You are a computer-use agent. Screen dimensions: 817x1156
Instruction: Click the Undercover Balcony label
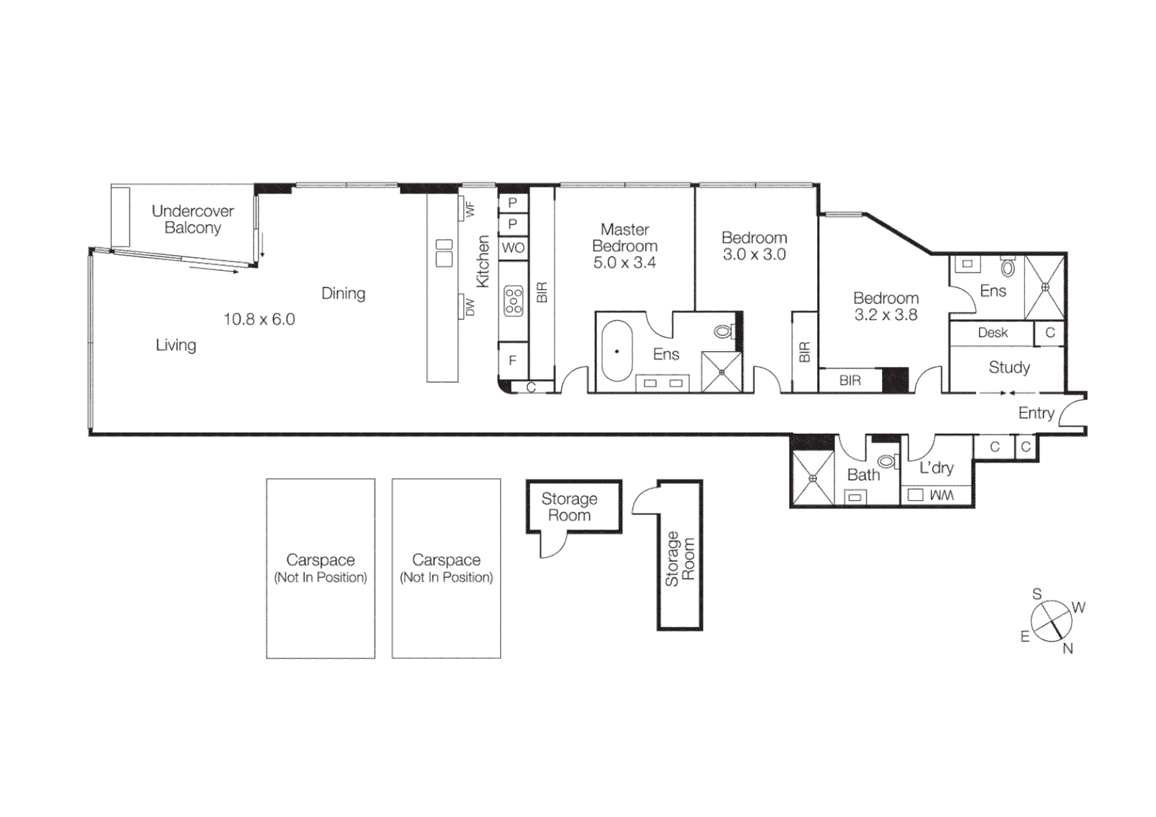pos(192,219)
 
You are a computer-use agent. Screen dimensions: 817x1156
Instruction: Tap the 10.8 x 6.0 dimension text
pos(259,319)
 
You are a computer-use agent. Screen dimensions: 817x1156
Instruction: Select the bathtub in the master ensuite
pos(617,352)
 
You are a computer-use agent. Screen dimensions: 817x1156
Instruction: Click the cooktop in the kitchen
pos(514,300)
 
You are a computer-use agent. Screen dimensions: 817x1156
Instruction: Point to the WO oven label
pos(513,247)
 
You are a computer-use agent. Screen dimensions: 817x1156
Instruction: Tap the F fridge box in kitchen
pos(513,361)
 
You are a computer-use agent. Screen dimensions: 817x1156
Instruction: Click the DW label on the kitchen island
pos(470,307)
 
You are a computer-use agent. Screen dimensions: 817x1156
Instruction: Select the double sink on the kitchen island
pos(444,253)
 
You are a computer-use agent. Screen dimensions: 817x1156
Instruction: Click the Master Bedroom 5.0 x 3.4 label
pos(625,246)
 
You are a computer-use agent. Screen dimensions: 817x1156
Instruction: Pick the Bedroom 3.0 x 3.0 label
pos(754,246)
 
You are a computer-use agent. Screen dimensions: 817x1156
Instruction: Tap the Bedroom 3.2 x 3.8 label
pos(886,306)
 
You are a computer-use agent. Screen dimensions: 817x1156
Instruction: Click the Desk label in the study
pos(992,333)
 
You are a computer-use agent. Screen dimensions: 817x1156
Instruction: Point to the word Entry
pos(1036,413)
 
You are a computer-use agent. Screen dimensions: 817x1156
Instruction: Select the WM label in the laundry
pos(941,495)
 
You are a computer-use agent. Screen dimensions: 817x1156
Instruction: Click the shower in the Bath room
pos(813,478)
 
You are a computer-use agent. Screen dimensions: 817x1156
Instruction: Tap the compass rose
pos(1052,622)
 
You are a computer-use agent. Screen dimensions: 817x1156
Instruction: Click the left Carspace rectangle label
pos(320,567)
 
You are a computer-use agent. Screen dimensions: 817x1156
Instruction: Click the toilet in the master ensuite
pos(724,331)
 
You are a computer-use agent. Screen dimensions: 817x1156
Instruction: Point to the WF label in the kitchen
pos(470,209)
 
